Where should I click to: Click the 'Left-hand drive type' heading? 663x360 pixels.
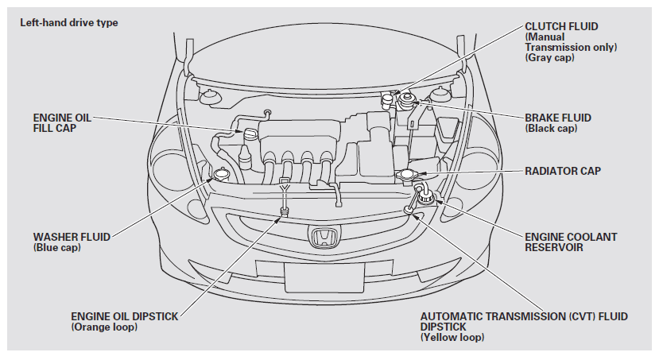tap(69, 22)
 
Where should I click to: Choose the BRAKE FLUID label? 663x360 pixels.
tap(558, 118)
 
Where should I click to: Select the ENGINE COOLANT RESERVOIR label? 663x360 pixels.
tap(571, 242)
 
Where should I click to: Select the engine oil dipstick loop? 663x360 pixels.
tap(283, 211)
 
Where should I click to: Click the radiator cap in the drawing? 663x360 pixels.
tap(407, 174)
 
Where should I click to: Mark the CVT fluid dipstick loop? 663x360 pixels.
tap(409, 210)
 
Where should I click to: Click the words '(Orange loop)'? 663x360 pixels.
tap(103, 327)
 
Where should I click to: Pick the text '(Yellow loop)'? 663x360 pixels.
tap(452, 338)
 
